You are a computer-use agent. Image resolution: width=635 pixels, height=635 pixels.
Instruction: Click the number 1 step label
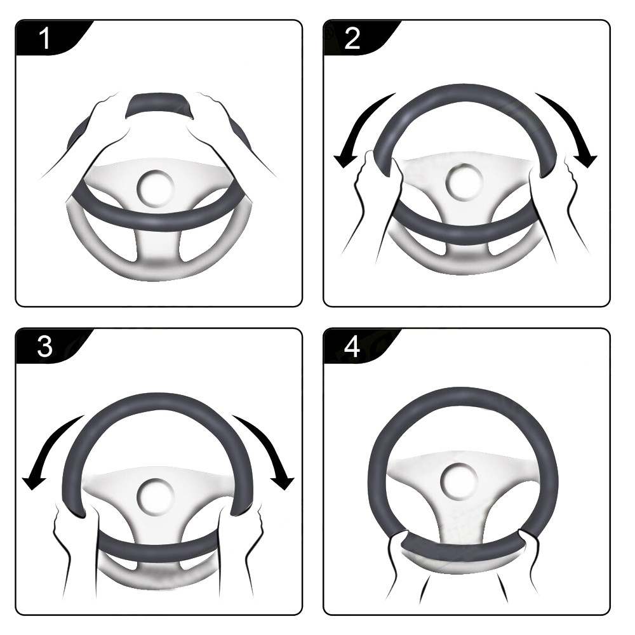(45, 38)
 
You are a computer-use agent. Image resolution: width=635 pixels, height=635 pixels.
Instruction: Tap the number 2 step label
(352, 38)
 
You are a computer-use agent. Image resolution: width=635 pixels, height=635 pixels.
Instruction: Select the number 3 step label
(44, 347)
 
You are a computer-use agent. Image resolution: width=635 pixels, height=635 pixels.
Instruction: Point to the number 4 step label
(352, 347)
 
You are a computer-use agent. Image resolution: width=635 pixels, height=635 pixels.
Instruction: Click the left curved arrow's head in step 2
(344, 161)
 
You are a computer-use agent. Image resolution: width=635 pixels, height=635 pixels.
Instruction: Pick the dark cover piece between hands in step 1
(159, 105)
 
